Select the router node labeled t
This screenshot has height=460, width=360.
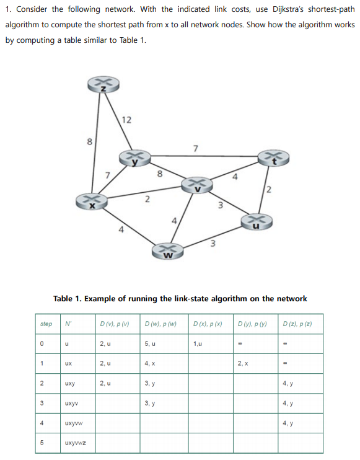click(271, 160)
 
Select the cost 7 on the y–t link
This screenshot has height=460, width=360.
click(196, 148)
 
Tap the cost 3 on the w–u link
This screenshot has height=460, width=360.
click(213, 244)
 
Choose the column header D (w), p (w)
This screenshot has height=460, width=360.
click(160, 323)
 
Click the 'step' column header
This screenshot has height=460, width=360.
click(45, 323)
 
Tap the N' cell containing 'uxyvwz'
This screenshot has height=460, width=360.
click(76, 444)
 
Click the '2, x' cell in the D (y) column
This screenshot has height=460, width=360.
click(242, 363)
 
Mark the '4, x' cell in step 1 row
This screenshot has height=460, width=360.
click(149, 363)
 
